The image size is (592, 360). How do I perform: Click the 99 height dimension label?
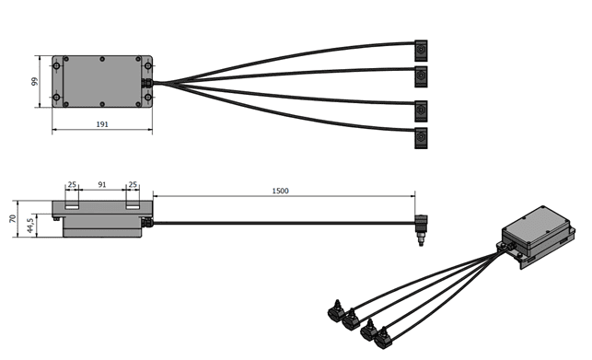pyautogui.click(x=35, y=82)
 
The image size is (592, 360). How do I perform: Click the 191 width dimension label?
pyautogui.click(x=102, y=124)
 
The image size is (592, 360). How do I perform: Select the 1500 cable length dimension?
pyautogui.click(x=280, y=191)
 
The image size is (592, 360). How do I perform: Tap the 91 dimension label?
pyautogui.click(x=102, y=185)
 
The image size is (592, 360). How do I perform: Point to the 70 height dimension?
pyautogui.click(x=13, y=219)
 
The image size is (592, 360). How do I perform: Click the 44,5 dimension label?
pyautogui.click(x=31, y=226)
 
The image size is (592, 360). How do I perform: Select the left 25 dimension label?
pyautogui.click(x=72, y=185)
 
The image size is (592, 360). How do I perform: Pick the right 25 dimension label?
pyautogui.click(x=133, y=185)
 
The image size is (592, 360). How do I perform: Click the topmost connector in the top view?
pyautogui.click(x=421, y=51)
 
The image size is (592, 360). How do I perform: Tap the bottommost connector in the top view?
pyautogui.click(x=421, y=138)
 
